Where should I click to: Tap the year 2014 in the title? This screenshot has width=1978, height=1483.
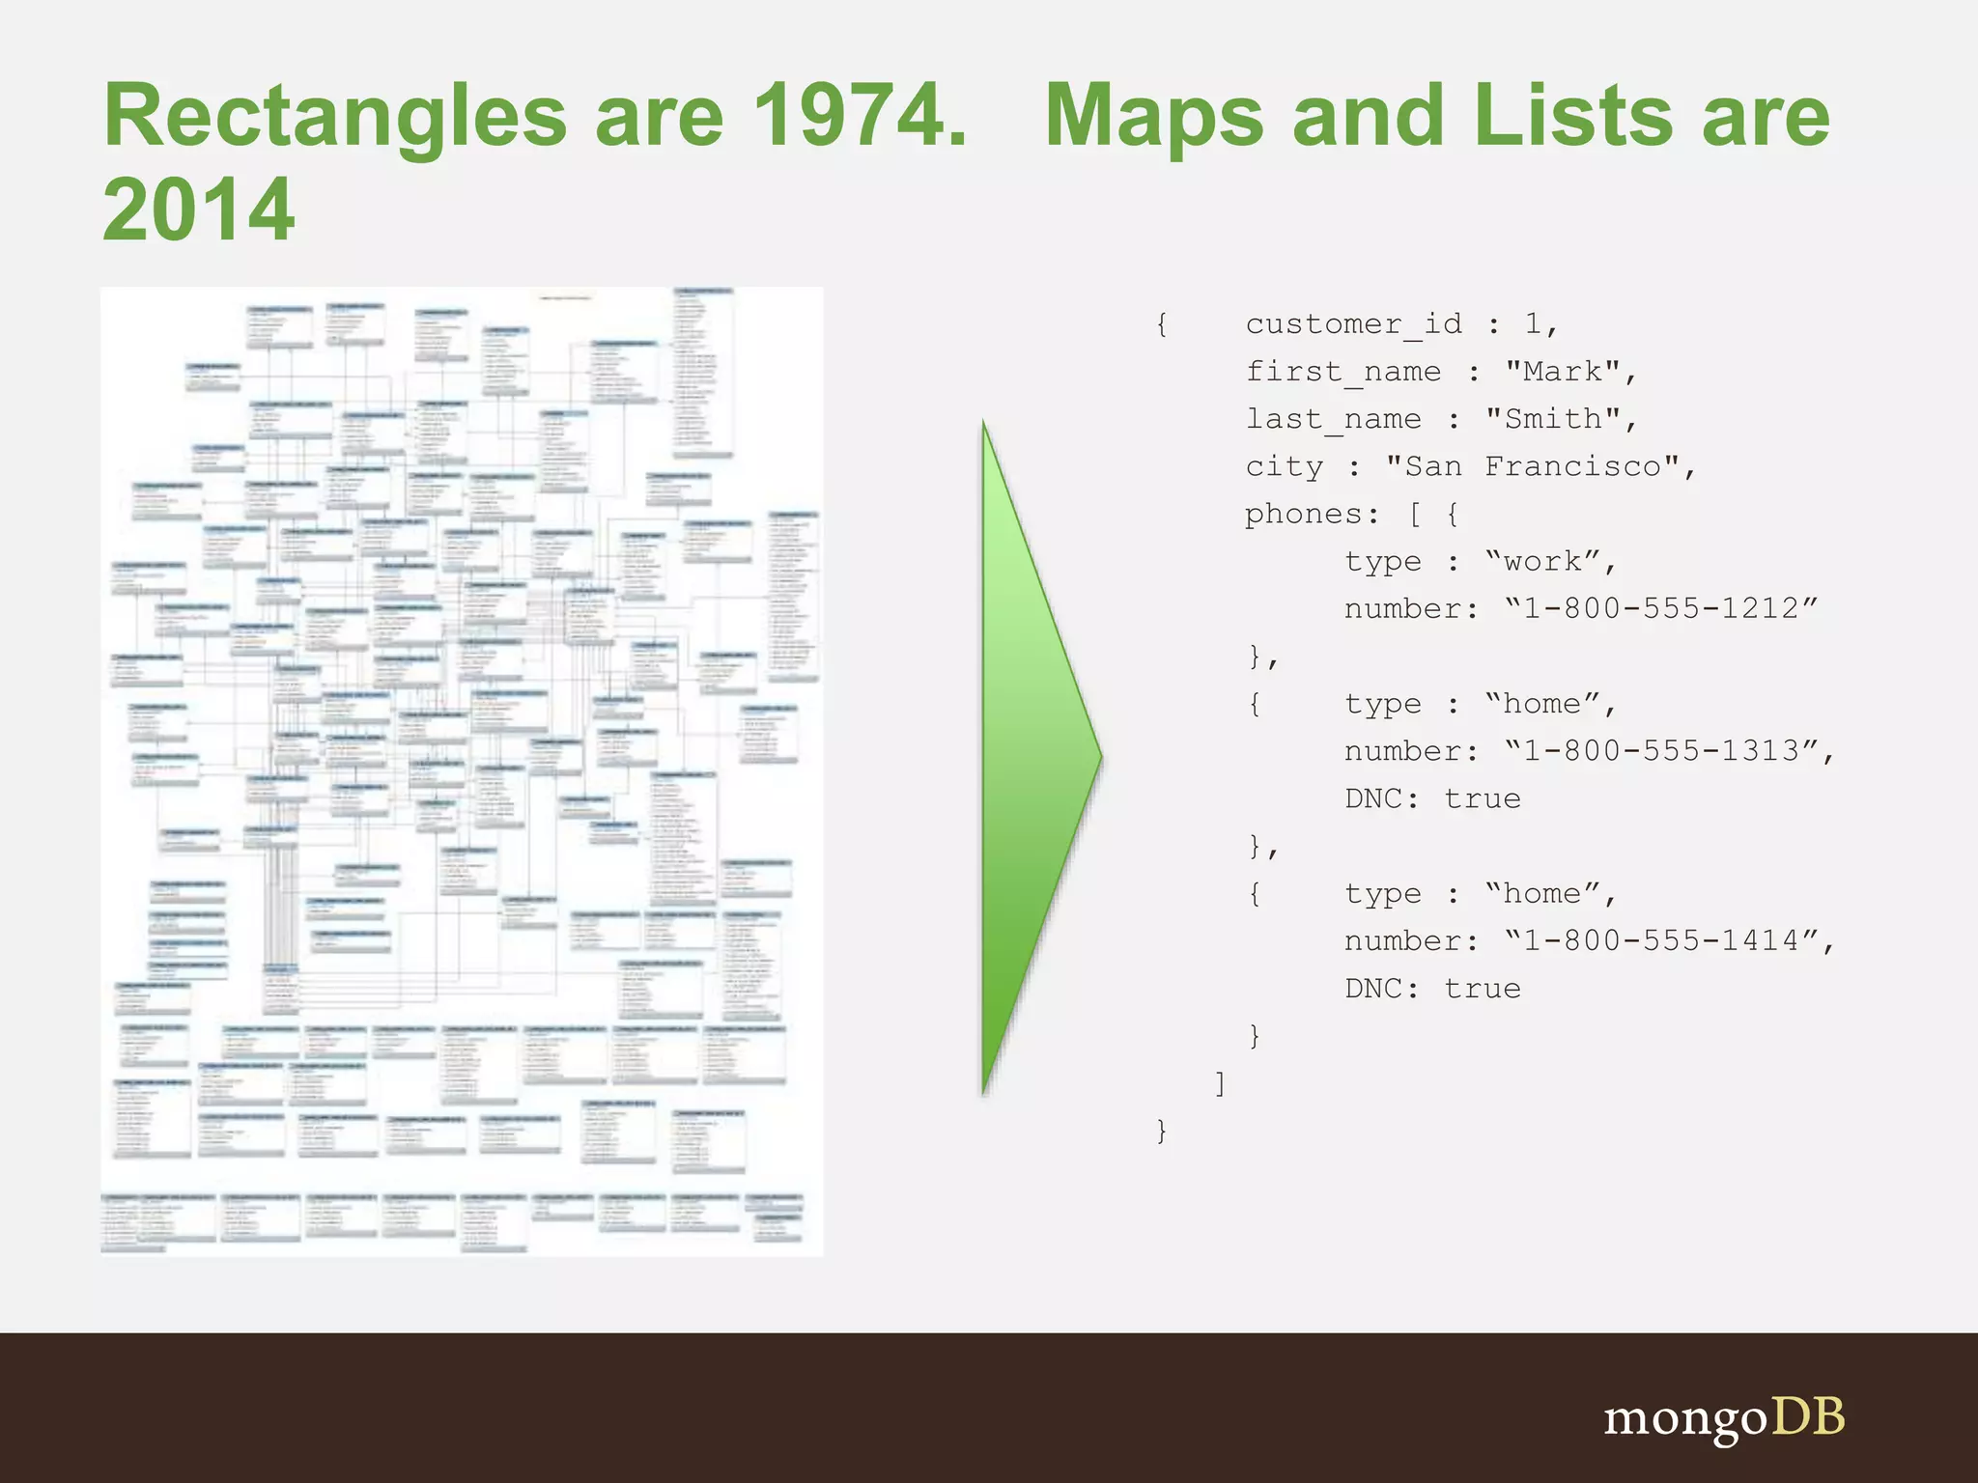pyautogui.click(x=198, y=210)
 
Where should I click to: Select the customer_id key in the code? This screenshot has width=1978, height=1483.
pyautogui.click(x=1353, y=324)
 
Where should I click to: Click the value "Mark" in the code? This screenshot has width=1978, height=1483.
pyautogui.click(x=1563, y=372)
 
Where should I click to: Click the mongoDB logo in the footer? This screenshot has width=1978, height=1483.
pyautogui.click(x=1724, y=1418)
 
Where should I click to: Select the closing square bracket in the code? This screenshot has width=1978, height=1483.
pyautogui.click(x=1221, y=1083)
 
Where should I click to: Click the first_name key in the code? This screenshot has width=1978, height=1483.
pyautogui.click(x=1342, y=372)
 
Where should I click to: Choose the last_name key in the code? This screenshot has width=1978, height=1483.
pyautogui.click(x=1333, y=419)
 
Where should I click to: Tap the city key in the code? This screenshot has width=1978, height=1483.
pyautogui.click(x=1284, y=466)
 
